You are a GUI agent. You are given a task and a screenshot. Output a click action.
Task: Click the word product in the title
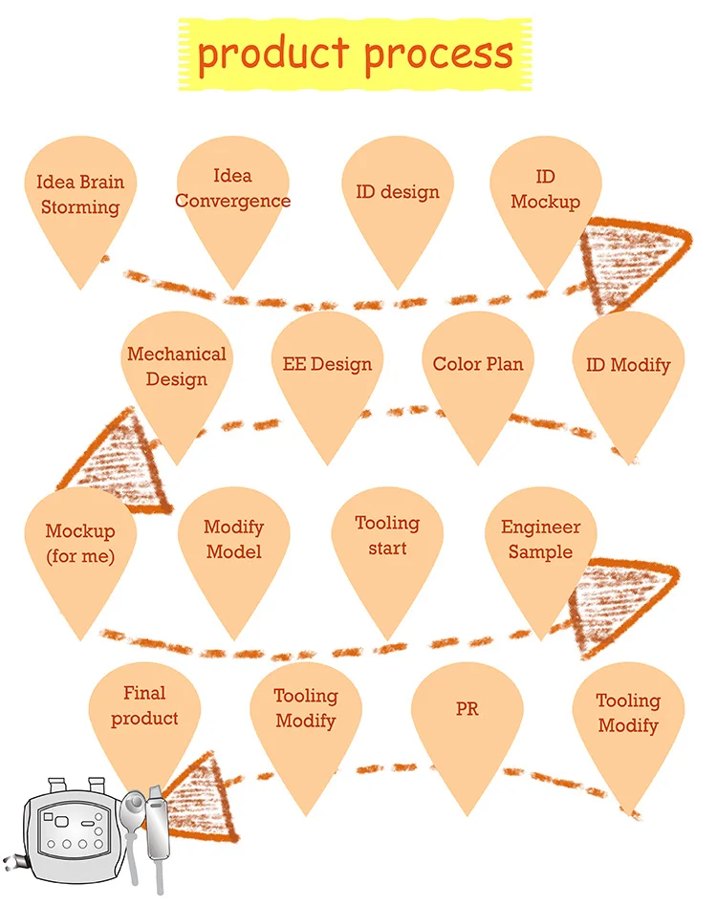(x=274, y=54)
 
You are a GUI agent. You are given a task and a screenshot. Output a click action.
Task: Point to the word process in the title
(x=439, y=54)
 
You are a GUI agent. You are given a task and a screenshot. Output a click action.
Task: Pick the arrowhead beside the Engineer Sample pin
(x=621, y=602)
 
